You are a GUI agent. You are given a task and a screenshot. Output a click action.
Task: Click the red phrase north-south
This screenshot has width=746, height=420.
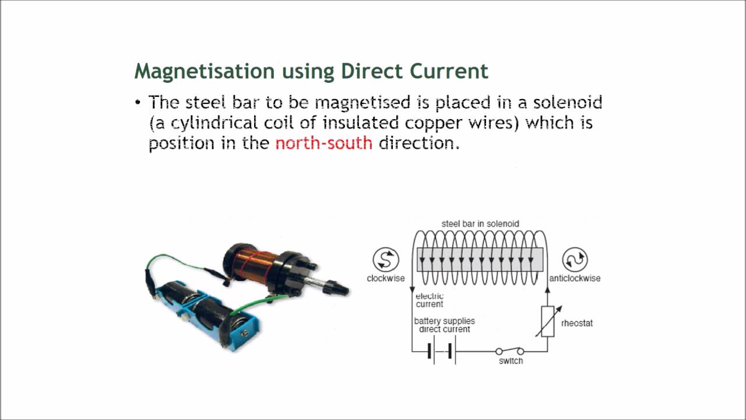(323, 143)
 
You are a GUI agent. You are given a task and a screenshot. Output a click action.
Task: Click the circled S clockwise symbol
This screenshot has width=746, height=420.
(386, 260)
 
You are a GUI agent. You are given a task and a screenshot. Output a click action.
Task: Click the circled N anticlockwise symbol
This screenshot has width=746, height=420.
(575, 260)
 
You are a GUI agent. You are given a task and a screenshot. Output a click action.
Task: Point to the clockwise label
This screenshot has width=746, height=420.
(385, 278)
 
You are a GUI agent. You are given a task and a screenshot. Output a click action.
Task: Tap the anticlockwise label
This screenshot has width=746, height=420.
(575, 278)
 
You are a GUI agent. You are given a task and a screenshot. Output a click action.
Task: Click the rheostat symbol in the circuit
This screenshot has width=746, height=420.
(547, 321)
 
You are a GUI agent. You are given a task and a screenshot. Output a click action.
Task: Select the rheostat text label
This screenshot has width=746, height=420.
(576, 323)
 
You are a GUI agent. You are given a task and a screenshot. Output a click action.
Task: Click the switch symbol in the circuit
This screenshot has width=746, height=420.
(509, 351)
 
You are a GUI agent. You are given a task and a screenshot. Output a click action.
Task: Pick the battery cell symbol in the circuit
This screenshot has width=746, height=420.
(441, 352)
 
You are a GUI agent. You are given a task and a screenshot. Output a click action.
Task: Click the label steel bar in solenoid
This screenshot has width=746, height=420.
(480, 223)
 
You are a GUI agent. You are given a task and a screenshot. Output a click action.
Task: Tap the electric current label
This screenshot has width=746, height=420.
(430, 300)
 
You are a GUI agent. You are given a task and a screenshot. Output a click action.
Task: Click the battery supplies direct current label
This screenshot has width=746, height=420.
(444, 325)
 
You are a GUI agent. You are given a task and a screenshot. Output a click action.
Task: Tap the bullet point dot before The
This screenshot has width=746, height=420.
(138, 103)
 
